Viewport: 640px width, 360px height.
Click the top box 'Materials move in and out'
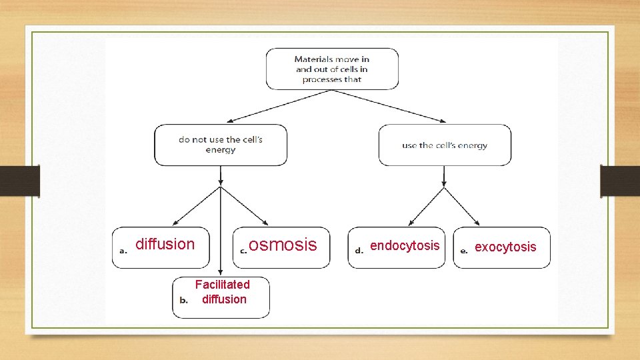coord(332,69)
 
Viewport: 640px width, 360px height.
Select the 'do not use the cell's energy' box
coord(221,145)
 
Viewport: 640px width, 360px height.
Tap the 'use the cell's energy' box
coord(445,145)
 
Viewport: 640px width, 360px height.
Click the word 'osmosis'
coord(283,245)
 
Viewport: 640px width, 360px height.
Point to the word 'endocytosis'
coord(405,245)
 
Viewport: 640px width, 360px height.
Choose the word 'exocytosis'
coord(505,247)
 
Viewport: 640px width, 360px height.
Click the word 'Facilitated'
coord(222,285)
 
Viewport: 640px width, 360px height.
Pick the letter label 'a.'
coord(123,251)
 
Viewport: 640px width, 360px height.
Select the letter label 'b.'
coord(184,300)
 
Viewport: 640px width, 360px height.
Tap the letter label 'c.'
coord(243,251)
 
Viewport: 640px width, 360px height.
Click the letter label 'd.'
coord(359,251)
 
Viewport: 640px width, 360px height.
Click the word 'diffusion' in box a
coord(165,244)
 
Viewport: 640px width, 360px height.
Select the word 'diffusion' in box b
coord(224,299)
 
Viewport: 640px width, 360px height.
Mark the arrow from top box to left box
coord(280,106)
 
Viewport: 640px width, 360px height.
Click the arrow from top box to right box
coord(390,106)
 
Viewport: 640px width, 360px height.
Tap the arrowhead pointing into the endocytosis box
coord(412,221)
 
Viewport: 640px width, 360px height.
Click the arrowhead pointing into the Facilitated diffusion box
coord(221,271)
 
